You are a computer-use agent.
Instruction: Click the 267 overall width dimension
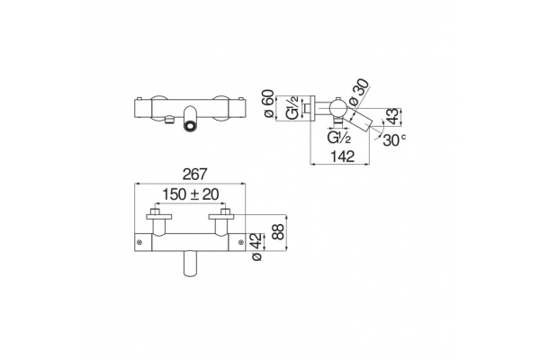195,175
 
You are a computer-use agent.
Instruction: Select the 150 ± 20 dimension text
191,194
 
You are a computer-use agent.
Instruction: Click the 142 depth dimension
343,157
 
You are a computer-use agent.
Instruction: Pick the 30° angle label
394,139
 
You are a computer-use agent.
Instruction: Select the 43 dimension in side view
394,116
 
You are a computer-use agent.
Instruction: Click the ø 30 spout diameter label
358,92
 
